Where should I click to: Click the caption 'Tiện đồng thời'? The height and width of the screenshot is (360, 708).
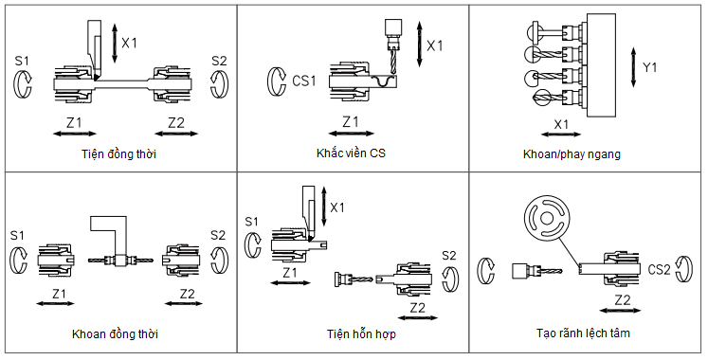[118, 154]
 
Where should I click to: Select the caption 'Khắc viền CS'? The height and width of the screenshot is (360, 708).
[351, 153]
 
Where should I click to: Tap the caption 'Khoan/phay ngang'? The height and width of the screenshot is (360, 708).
[572, 154]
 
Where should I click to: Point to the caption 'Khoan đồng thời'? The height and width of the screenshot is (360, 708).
[115, 334]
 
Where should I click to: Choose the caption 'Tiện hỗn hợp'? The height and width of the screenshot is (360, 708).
[361, 334]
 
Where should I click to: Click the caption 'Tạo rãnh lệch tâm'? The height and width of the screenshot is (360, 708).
[583, 333]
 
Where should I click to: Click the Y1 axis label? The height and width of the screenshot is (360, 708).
[650, 68]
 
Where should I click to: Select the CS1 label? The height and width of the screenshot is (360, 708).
[304, 81]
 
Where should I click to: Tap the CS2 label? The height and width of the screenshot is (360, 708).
[659, 270]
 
